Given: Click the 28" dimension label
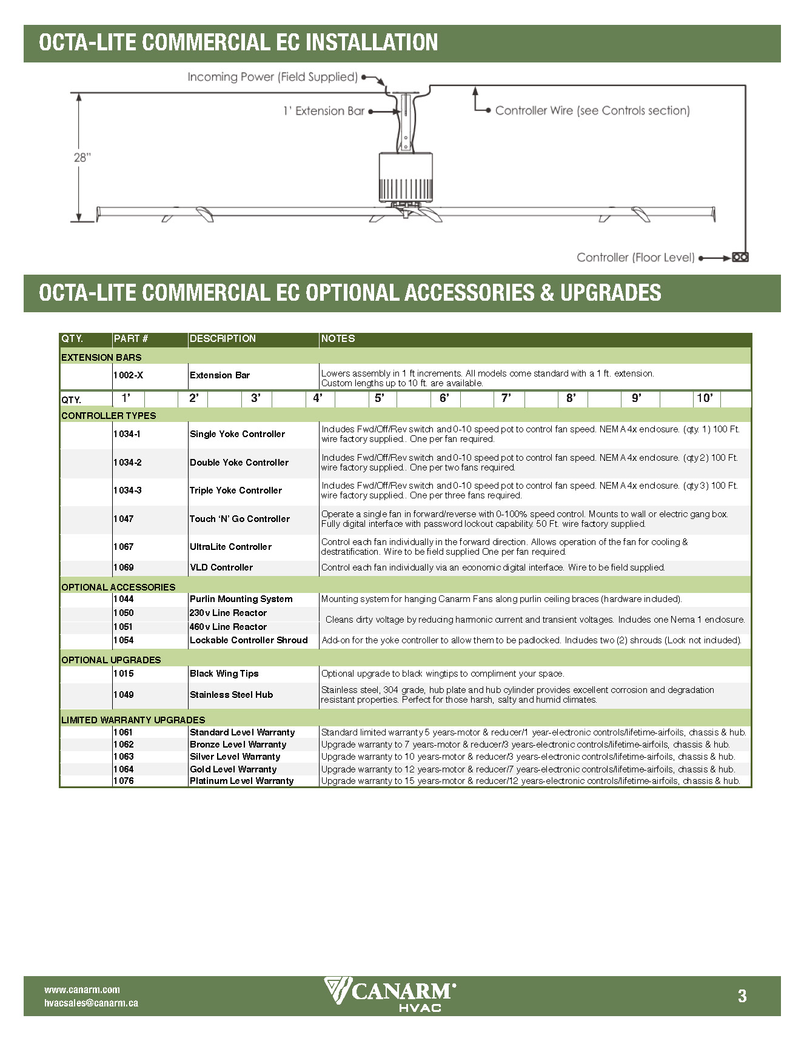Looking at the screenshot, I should (82, 158).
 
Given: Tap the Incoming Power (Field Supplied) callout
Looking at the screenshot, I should (272, 77).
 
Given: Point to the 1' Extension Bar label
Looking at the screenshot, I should (324, 111).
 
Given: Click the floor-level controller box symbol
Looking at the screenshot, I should (740, 257).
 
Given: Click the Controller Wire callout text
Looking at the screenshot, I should (592, 110).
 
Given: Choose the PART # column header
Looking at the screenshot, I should (131, 338).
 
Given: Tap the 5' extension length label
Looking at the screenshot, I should (380, 398).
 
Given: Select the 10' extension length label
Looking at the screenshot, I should (705, 398).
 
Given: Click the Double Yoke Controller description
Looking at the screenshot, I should (239, 463).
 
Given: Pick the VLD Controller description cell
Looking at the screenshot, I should (221, 567).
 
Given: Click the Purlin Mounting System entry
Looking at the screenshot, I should (241, 599).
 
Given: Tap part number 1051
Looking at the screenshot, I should (123, 627).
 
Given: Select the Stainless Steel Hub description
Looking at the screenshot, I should (231, 695).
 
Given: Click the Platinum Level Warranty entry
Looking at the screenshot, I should (241, 781).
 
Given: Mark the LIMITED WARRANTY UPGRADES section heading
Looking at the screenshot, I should (133, 720).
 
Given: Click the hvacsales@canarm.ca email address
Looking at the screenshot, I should (91, 1003).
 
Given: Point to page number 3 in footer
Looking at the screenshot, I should (742, 996).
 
